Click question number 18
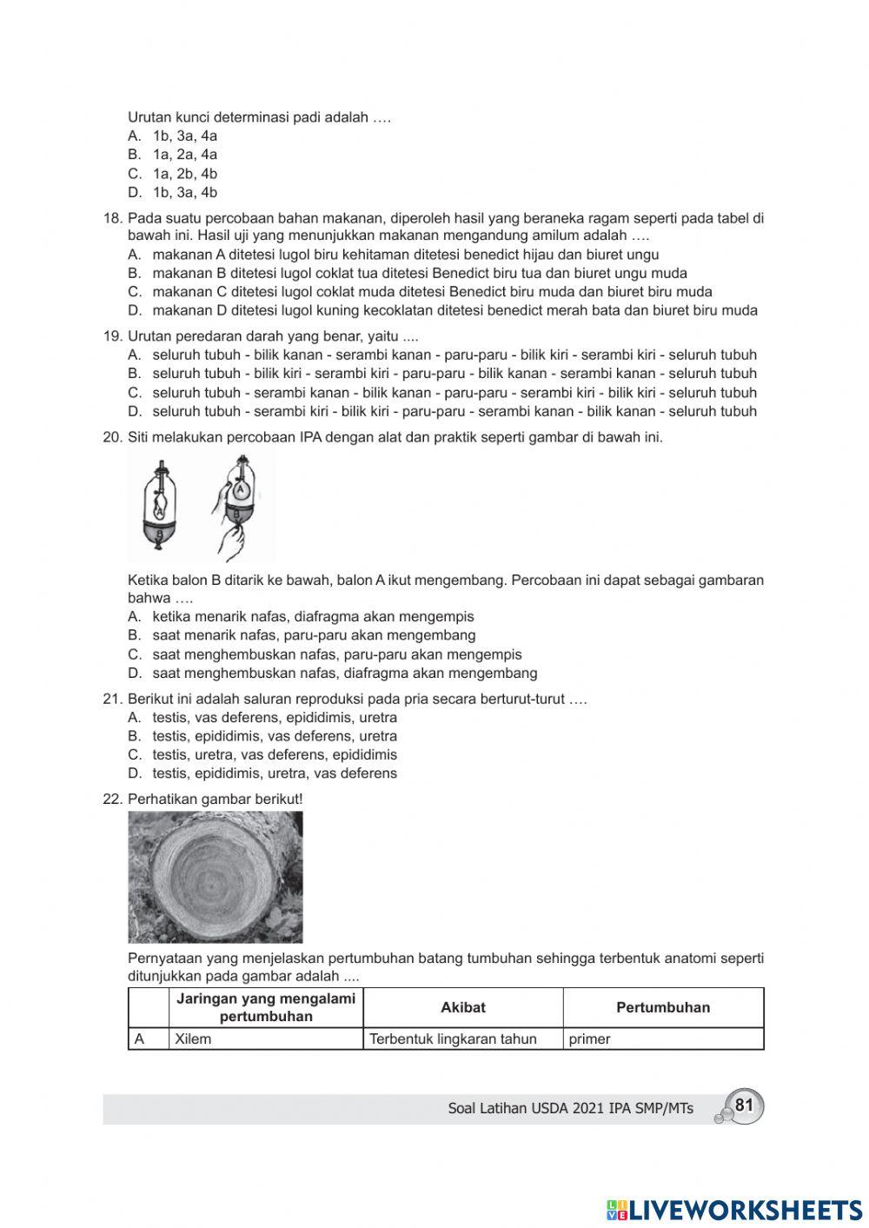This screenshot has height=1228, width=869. pyautogui.click(x=113, y=218)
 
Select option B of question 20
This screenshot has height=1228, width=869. pyautogui.click(x=313, y=635)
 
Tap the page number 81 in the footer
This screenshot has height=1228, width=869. pyautogui.click(x=743, y=1105)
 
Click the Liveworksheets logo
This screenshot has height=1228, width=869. pyautogui.click(x=734, y=1209)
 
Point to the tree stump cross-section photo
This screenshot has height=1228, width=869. pyautogui.click(x=216, y=877)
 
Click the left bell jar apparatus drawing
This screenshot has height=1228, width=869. pyautogui.click(x=160, y=506)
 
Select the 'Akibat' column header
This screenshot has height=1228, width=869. pyautogui.click(x=462, y=1007)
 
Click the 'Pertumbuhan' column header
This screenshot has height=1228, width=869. pyautogui.click(x=662, y=1007)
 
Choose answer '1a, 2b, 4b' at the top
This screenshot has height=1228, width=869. pyautogui.click(x=184, y=174)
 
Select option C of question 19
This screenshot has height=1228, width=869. pyautogui.click(x=454, y=393)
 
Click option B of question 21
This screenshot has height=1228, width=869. pyautogui.click(x=274, y=736)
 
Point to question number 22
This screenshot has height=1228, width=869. pyautogui.click(x=113, y=799)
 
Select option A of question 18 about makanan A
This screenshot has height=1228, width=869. pyautogui.click(x=405, y=255)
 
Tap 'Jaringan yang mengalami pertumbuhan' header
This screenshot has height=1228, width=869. pyautogui.click(x=266, y=1007)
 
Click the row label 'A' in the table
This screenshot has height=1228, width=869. pyautogui.click(x=139, y=1039)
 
